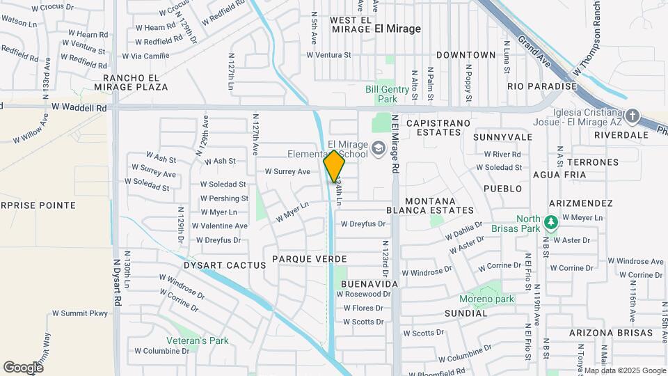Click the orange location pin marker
(x=335, y=166)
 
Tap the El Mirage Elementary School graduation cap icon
(x=378, y=147)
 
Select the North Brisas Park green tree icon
(x=551, y=223)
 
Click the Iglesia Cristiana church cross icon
(x=632, y=115)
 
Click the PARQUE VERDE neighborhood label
(x=309, y=259)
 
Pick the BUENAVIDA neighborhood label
(x=369, y=284)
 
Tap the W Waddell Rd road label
(x=79, y=108)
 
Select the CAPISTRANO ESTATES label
(x=440, y=128)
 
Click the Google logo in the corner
(x=23, y=367)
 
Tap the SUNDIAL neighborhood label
(x=466, y=313)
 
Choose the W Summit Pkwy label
(x=80, y=313)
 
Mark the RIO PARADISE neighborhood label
(x=542, y=86)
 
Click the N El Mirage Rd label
(x=395, y=144)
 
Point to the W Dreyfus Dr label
(x=363, y=224)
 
